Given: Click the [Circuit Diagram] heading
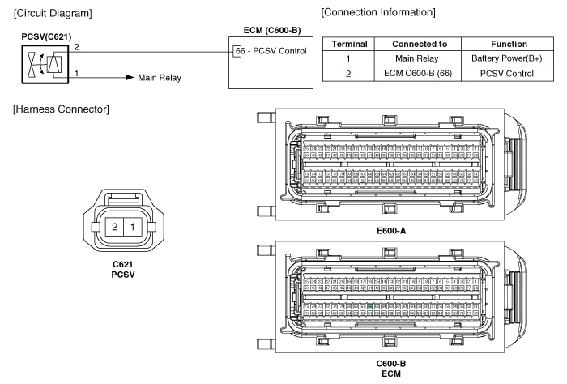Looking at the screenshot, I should [x=54, y=13].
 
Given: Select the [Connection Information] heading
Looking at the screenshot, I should [x=378, y=13].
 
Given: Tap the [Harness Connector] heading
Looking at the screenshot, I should [x=62, y=109].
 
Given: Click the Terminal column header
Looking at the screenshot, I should [x=349, y=44].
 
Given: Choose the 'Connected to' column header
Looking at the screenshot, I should [x=420, y=44].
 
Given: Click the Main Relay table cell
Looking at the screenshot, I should [x=420, y=59].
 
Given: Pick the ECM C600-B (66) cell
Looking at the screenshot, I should [x=420, y=74].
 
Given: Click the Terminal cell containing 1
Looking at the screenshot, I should [x=349, y=59].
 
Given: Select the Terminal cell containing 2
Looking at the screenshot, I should [x=349, y=74].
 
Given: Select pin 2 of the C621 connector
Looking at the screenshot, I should [x=116, y=226].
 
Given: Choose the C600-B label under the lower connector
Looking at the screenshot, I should [x=392, y=365].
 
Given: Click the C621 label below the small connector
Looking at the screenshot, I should [x=123, y=265].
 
